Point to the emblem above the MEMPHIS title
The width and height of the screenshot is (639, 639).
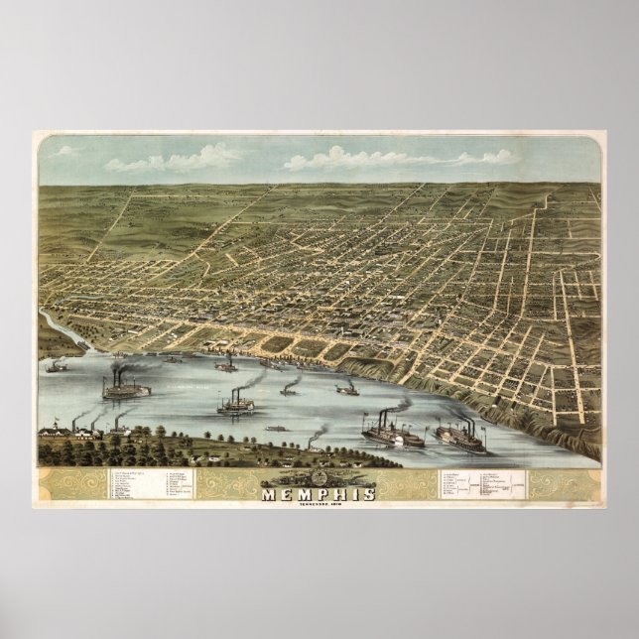click(x=319, y=477)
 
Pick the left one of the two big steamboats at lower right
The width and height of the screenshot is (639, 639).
click(x=392, y=434)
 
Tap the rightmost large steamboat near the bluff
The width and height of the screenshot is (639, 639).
click(x=459, y=437)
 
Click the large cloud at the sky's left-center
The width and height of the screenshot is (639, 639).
click(x=179, y=159)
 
